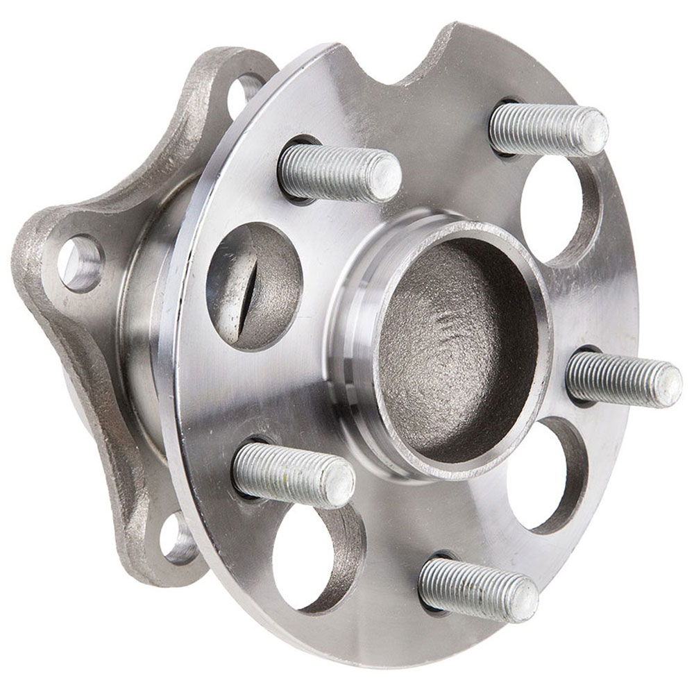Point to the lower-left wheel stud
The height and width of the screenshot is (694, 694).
(293, 474)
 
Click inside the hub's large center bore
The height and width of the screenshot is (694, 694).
(458, 347)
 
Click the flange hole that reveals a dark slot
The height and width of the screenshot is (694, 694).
(253, 285)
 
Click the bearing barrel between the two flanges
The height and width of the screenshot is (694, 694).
(149, 333)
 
